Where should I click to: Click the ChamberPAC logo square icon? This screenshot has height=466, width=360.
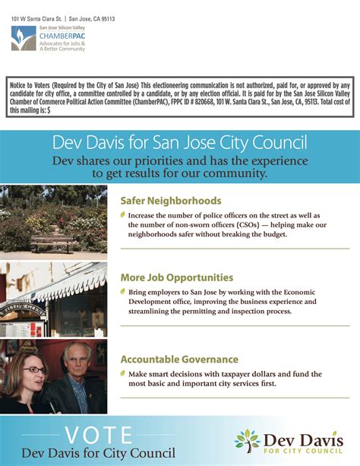click(24, 38)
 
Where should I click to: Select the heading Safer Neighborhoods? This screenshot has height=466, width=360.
click(171, 201)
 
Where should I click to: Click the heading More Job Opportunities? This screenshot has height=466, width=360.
click(177, 277)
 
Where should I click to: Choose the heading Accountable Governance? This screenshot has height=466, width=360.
click(179, 359)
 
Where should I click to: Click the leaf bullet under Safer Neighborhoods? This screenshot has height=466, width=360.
click(124, 216)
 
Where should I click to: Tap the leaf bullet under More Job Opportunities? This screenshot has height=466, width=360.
click(124, 293)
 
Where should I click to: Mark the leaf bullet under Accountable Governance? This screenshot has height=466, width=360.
click(124, 374)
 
